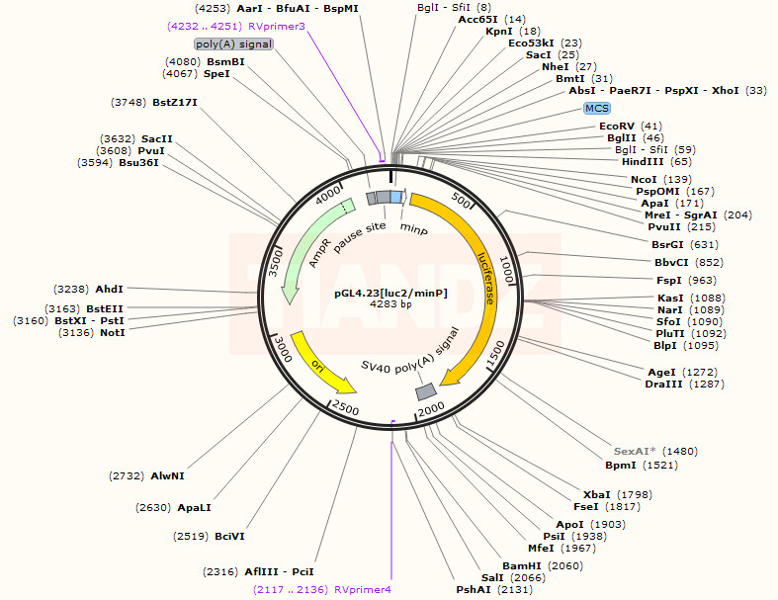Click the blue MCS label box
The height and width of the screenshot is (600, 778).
click(x=597, y=108)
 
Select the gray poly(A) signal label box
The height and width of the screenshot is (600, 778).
click(x=233, y=44)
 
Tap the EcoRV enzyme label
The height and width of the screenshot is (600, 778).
click(x=617, y=126)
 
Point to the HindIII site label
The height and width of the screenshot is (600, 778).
click(x=643, y=161)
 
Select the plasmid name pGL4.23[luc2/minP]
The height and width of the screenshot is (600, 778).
click(x=389, y=293)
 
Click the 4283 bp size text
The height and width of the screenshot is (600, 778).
click(x=390, y=304)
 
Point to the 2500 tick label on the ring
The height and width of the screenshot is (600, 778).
click(x=345, y=407)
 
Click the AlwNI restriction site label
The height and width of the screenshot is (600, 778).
click(x=167, y=475)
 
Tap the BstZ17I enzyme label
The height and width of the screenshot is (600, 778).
click(x=175, y=102)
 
